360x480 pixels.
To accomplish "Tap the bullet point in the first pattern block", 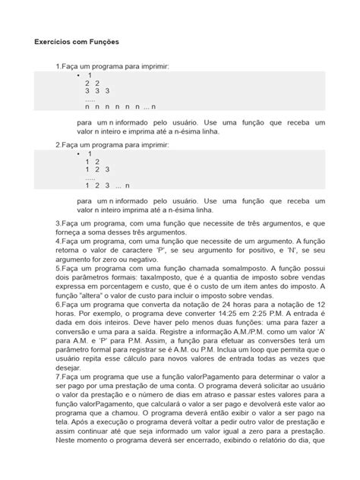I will point(77,77).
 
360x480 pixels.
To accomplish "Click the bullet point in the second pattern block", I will point(77,153).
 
